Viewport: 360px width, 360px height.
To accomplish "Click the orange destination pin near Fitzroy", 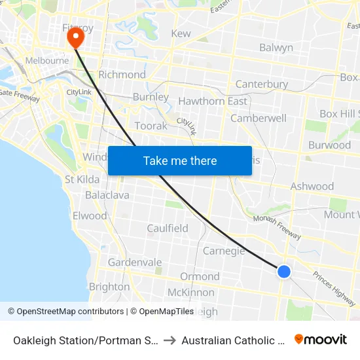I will (x=76, y=37).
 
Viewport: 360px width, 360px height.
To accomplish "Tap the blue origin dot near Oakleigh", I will (x=283, y=271).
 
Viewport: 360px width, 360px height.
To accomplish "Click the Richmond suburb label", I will (x=122, y=75).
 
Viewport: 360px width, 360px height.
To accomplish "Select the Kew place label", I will (x=181, y=33).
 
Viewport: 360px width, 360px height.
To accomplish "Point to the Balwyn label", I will (x=276, y=48).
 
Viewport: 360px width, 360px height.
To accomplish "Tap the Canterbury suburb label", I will (x=262, y=84).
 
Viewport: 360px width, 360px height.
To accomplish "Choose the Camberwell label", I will (x=259, y=118).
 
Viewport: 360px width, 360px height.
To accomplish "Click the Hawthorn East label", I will (x=213, y=101).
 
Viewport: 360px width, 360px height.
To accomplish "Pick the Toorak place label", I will (x=151, y=126).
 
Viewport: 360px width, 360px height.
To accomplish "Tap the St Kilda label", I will (x=82, y=179).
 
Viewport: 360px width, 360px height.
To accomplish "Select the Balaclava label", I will (x=107, y=195).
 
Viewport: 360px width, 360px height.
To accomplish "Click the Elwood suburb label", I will (x=90, y=215).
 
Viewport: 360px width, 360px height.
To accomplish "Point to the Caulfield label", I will (x=168, y=228).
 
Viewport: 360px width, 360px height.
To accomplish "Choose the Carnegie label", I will (x=224, y=251).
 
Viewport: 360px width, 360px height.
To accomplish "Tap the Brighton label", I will (x=109, y=287).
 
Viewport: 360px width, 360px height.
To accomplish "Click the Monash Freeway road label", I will (x=278, y=227).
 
